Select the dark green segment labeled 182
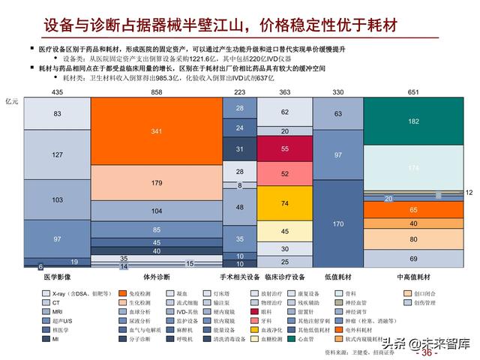pyautogui.click(x=414, y=121)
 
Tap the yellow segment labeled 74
pyautogui.click(x=285, y=202)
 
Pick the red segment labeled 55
pyautogui.click(x=285, y=149)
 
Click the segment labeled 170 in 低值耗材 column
pyautogui.click(x=338, y=224)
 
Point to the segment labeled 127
pyautogui.click(x=57, y=154)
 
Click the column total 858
pyautogui.click(x=156, y=91)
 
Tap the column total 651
pyautogui.click(x=414, y=91)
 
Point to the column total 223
pyautogui.click(x=240, y=91)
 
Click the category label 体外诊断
pyautogui.click(x=156, y=277)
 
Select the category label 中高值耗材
pyautogui.click(x=414, y=277)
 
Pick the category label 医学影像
pyautogui.click(x=57, y=277)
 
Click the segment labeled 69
pyautogui.click(x=414, y=257)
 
